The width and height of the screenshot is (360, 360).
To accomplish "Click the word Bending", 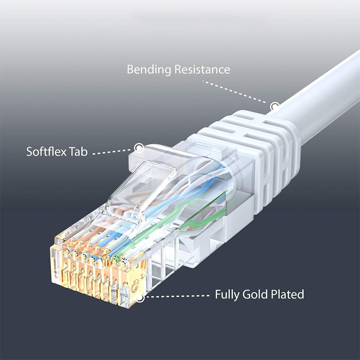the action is pos(149,69).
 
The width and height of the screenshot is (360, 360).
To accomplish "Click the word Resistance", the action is pos(202,69).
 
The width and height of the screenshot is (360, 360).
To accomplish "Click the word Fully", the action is pos(227,294).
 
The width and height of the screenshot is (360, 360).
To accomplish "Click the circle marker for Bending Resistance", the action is pos(274,107).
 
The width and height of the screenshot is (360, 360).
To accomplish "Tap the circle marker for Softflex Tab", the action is pos(139,148).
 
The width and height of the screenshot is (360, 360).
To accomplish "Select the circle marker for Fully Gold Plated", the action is pos(140,298).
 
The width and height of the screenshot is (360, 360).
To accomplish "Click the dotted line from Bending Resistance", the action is pos(234,92).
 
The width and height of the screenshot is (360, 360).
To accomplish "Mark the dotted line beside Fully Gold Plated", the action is pos(177,296).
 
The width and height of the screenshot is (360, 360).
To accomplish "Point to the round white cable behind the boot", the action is pos(321,96).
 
